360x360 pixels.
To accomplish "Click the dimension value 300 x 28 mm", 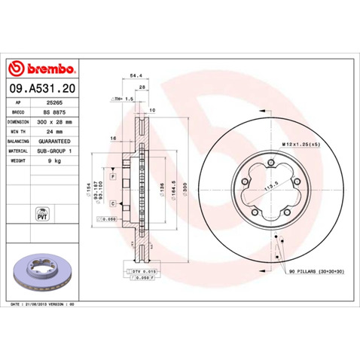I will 56,121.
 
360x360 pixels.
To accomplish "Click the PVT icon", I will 41,212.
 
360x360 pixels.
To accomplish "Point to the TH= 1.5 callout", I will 124,99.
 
